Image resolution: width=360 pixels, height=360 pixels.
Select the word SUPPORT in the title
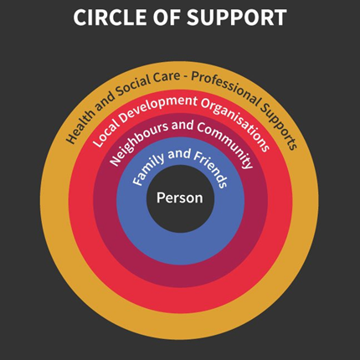237,18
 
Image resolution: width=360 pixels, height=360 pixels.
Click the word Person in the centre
180,198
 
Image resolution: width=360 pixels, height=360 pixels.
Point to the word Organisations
236,124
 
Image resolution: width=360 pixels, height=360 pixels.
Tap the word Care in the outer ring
167,77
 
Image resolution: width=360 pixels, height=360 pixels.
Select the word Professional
225,87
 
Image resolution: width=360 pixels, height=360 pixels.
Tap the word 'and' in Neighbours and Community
183,126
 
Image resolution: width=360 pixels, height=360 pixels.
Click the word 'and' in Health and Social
104,101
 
